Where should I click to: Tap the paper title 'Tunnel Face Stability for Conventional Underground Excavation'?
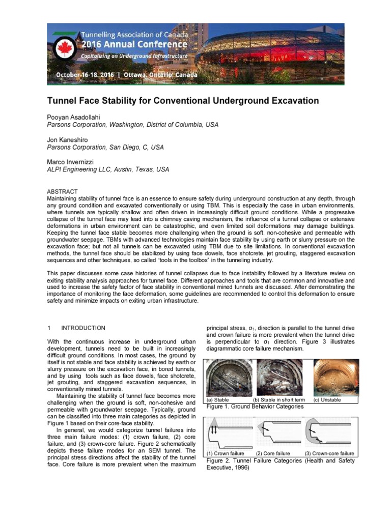(183, 101)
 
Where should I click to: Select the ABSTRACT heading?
(62, 191)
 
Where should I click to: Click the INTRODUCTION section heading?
(83, 328)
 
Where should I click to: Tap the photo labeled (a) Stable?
(228, 377)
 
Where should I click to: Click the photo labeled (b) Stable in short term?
(279, 377)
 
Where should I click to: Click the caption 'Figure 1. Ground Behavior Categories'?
(255, 407)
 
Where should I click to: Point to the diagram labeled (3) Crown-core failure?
(329, 433)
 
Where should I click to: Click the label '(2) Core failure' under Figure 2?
(273, 453)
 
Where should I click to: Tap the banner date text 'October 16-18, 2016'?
(85, 75)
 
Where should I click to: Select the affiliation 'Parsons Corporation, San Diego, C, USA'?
(105, 147)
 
